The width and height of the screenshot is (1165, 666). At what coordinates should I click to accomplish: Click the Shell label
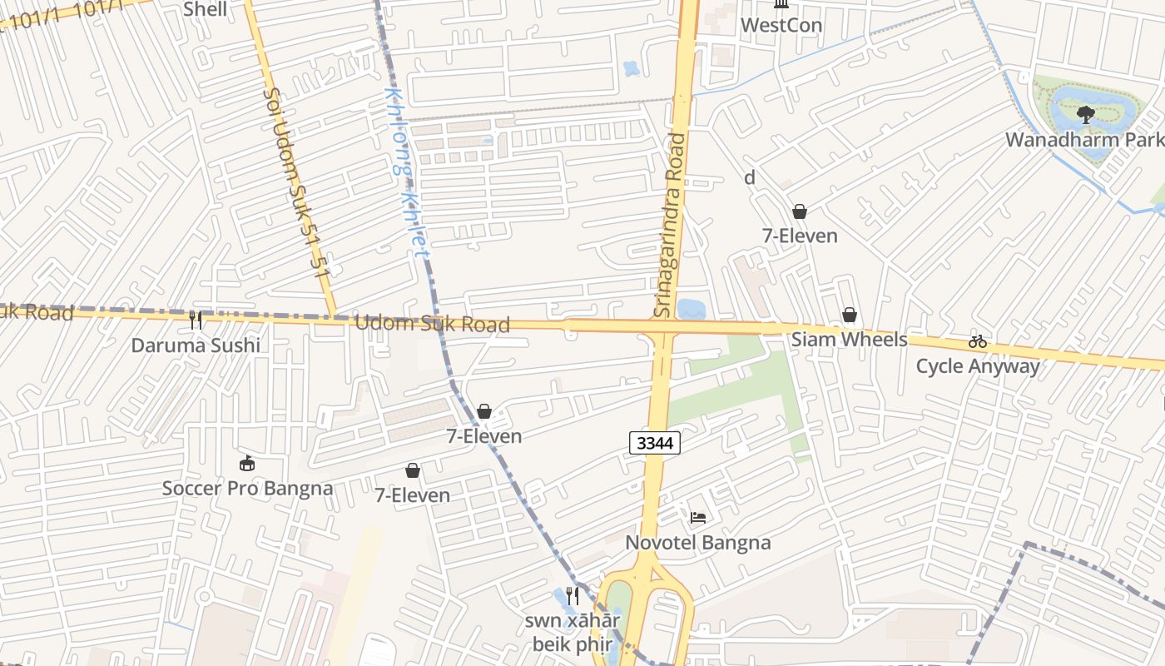(x=204, y=10)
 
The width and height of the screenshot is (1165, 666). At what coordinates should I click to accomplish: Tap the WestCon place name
(x=781, y=25)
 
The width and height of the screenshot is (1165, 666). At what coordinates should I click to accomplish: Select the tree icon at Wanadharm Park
(x=1085, y=114)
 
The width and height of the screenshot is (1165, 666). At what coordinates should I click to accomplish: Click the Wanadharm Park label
(x=1084, y=139)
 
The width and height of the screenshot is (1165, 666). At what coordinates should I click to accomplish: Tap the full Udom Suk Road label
(x=432, y=323)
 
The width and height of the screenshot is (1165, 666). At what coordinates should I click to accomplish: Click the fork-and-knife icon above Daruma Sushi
(x=196, y=320)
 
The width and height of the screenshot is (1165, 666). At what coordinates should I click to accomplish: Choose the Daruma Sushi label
(x=196, y=345)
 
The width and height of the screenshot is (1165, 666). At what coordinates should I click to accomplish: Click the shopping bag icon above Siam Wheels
(x=849, y=315)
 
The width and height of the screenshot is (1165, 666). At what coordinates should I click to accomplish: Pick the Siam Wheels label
(x=849, y=340)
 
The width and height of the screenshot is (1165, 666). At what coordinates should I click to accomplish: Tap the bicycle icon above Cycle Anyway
(x=977, y=341)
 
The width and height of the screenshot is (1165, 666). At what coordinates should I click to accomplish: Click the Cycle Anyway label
(x=978, y=366)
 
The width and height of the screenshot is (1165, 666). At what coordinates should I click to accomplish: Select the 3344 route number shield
(x=655, y=444)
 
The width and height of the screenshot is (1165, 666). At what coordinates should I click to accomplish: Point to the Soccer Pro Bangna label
(x=247, y=488)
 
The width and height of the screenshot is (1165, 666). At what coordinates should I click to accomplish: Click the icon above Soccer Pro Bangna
(x=247, y=464)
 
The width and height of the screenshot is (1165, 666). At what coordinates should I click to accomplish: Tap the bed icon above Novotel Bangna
(x=698, y=518)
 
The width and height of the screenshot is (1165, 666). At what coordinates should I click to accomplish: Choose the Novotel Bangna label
(x=698, y=543)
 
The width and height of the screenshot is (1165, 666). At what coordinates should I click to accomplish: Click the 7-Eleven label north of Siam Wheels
(x=800, y=236)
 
